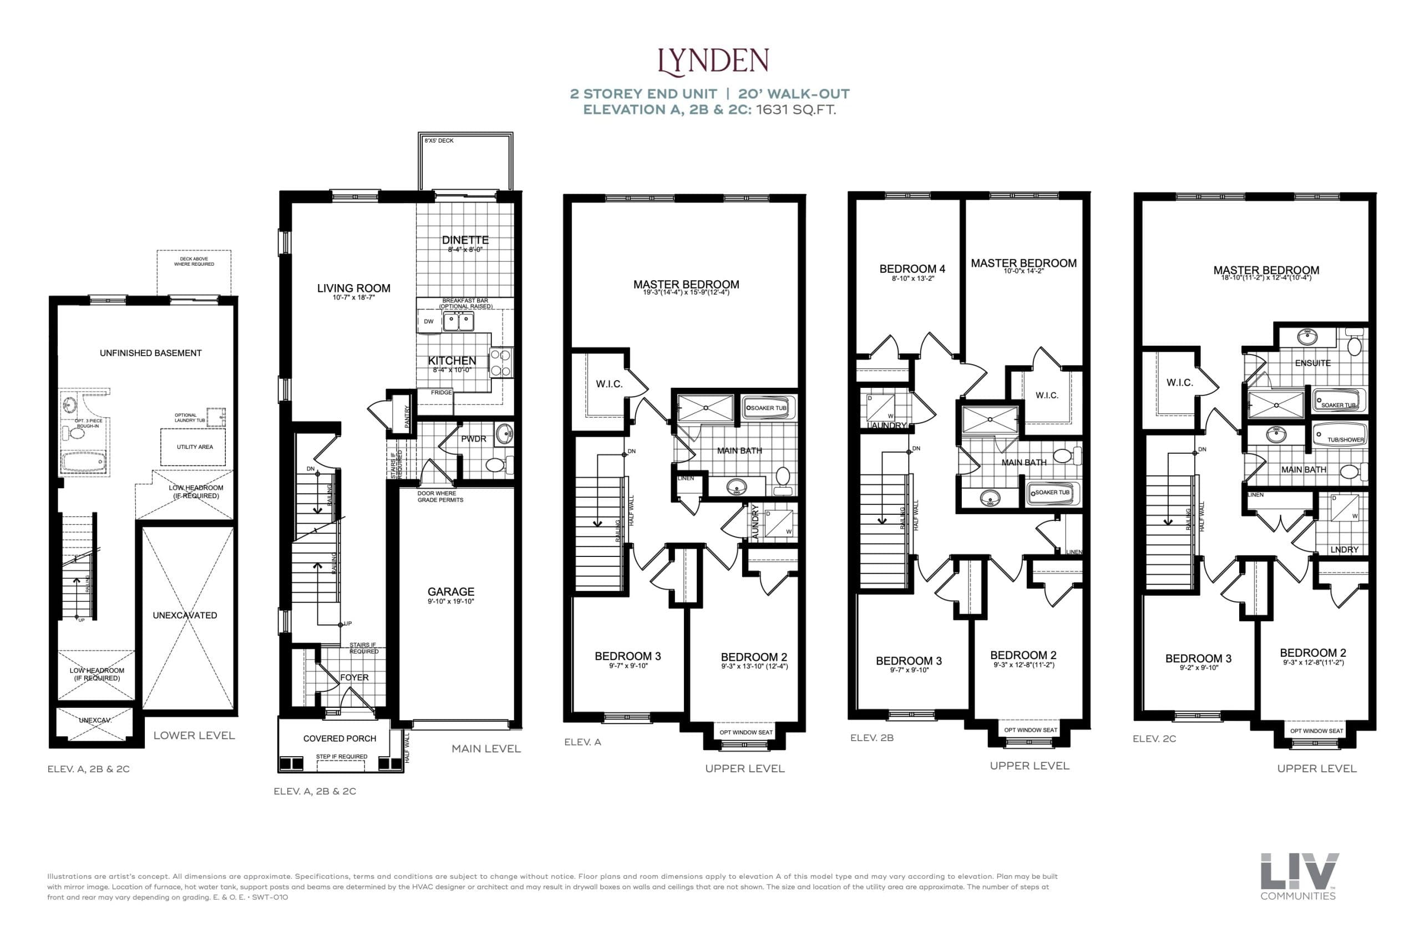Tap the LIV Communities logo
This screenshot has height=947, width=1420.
coord(1299,876)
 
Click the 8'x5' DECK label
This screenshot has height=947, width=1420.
coord(439,141)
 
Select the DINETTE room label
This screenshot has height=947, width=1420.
coord(465,240)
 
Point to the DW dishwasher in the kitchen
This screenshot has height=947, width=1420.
coord(429,321)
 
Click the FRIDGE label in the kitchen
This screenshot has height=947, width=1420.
coord(442,393)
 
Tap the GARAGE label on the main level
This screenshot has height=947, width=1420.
coord(451,592)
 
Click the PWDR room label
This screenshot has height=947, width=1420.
coord(473,439)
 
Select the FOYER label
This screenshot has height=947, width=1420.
coord(354,677)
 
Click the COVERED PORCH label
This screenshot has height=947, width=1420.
coord(339,738)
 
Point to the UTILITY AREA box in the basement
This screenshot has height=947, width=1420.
coord(194,447)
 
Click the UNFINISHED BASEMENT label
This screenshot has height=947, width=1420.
coord(150,353)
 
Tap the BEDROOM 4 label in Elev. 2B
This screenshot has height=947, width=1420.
coord(912,270)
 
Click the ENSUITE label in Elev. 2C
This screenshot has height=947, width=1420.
coord(1312,363)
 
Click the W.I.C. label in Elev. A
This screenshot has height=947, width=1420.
coord(608,384)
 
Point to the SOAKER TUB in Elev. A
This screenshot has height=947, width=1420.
coord(768,408)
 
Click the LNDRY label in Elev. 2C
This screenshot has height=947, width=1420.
coord(1344,550)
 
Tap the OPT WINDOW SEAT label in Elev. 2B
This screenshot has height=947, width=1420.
coord(1031,730)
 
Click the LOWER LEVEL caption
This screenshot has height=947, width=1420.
coord(194,735)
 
